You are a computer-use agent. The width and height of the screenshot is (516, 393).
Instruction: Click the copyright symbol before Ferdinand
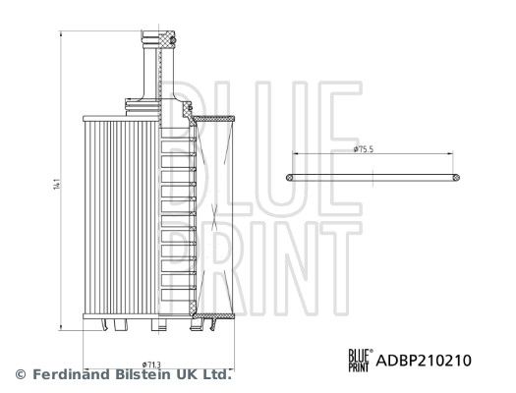[19, 374]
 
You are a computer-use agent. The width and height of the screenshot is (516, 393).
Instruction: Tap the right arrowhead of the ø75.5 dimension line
[451, 155]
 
